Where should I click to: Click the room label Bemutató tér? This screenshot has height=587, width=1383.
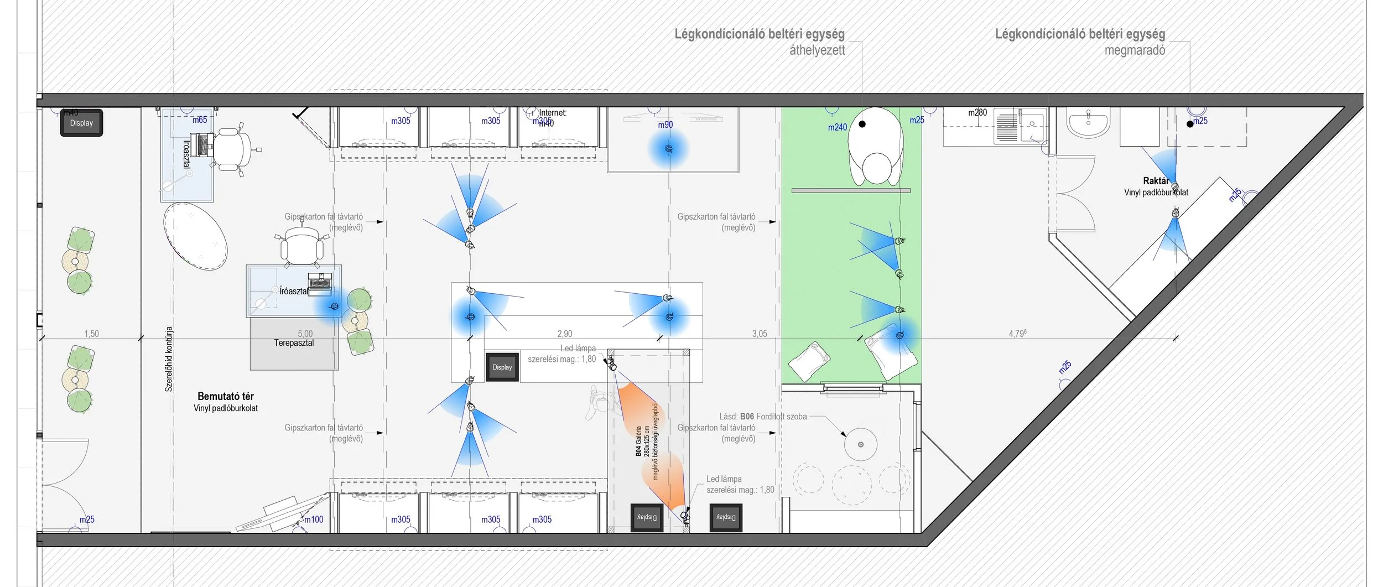226,396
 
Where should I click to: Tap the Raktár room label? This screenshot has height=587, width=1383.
1156,181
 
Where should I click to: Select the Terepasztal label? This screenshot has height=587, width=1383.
294,343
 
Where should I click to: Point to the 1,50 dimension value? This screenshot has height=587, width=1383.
91,334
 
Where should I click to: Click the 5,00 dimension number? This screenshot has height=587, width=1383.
305,334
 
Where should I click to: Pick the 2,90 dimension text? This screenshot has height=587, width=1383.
564,334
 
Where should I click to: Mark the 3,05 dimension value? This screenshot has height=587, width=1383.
759,334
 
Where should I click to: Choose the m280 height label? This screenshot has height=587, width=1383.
977,113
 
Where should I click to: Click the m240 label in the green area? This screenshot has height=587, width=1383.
837,127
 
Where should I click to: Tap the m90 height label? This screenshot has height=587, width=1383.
665,125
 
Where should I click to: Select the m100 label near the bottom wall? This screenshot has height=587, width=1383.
314,520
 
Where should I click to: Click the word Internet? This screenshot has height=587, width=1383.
553,113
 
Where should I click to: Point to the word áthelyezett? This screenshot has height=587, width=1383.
817,50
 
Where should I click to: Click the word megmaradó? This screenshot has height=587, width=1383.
1135,50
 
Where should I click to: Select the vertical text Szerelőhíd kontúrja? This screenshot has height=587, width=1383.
169,359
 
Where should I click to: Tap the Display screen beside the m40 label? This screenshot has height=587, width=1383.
81,123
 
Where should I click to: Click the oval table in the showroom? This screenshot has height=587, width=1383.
195,236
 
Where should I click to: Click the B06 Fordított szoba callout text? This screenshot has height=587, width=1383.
763,417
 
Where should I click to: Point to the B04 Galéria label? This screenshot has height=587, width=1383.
638,441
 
